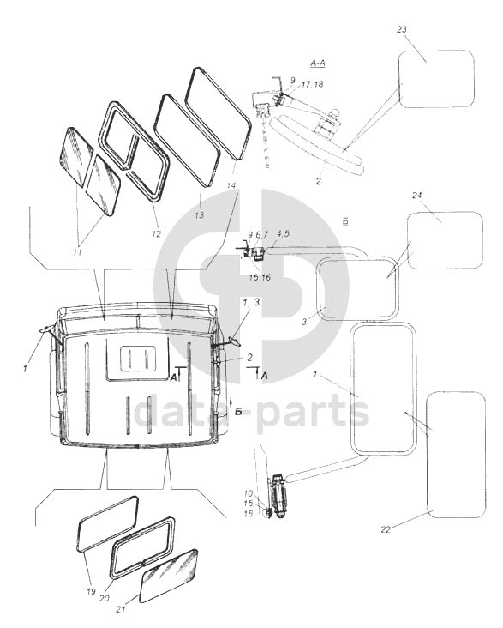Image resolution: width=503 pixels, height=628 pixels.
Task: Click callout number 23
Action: pyautogui.click(x=402, y=29)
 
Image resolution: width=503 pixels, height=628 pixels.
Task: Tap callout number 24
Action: pyautogui.click(x=417, y=195)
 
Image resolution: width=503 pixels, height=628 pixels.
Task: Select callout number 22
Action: pyautogui.click(x=386, y=529)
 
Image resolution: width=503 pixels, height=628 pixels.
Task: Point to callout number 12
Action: pyautogui.click(x=156, y=233)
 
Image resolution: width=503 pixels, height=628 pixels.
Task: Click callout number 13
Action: pyautogui.click(x=199, y=215)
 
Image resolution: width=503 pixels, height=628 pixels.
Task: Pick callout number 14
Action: pyautogui.click(x=231, y=185)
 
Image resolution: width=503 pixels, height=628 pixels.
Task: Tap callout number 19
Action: pyautogui.click(x=91, y=591)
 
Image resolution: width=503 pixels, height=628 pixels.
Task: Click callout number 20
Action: pyautogui.click(x=104, y=598)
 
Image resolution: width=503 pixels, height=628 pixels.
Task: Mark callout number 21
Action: pyautogui.click(x=121, y=609)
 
